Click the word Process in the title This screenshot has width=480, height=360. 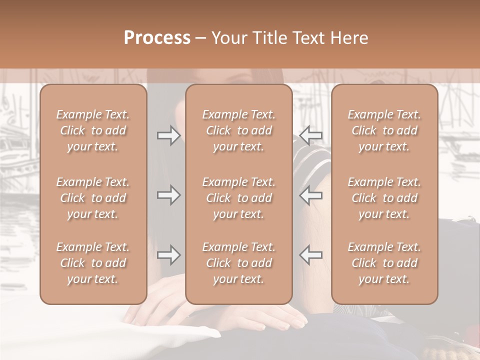point(157,38)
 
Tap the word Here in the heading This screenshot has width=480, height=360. point(349,38)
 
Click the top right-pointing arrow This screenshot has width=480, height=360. point(168,135)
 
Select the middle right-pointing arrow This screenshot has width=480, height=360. point(168,195)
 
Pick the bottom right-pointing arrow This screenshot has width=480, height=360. point(168,255)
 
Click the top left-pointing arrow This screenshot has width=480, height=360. point(311,135)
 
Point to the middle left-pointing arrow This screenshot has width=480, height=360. point(311,195)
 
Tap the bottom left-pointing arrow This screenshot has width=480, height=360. point(311,255)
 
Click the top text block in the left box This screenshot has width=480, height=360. point(93,130)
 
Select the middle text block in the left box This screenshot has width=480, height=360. point(93,198)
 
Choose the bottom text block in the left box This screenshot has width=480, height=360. point(93,263)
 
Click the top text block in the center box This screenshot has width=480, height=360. point(238,130)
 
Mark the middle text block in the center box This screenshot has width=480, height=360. point(238,198)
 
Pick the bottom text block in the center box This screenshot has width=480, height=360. point(238,263)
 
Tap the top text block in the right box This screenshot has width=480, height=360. point(384,130)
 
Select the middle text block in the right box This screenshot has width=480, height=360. point(384,198)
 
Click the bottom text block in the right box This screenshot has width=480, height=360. point(384,263)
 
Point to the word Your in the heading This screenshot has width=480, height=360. point(228,38)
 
